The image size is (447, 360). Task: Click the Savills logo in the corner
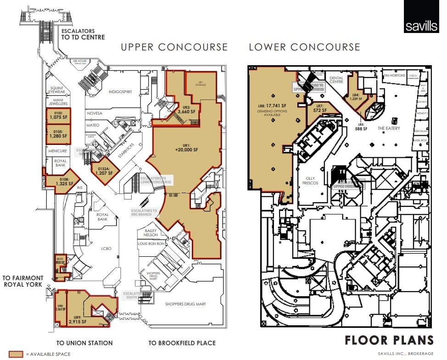421,17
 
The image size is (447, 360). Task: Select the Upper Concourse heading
174,47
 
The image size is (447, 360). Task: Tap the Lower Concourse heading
304,47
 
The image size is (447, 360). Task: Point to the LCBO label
106,249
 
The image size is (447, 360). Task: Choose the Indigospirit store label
120,92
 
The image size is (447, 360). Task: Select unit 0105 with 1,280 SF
58,133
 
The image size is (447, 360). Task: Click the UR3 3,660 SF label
186,109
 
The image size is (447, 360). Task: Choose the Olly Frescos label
309,181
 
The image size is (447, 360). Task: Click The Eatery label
388,128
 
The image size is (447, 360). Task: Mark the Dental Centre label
336,80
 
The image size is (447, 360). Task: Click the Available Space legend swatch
16,354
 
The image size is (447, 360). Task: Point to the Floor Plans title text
389,340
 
